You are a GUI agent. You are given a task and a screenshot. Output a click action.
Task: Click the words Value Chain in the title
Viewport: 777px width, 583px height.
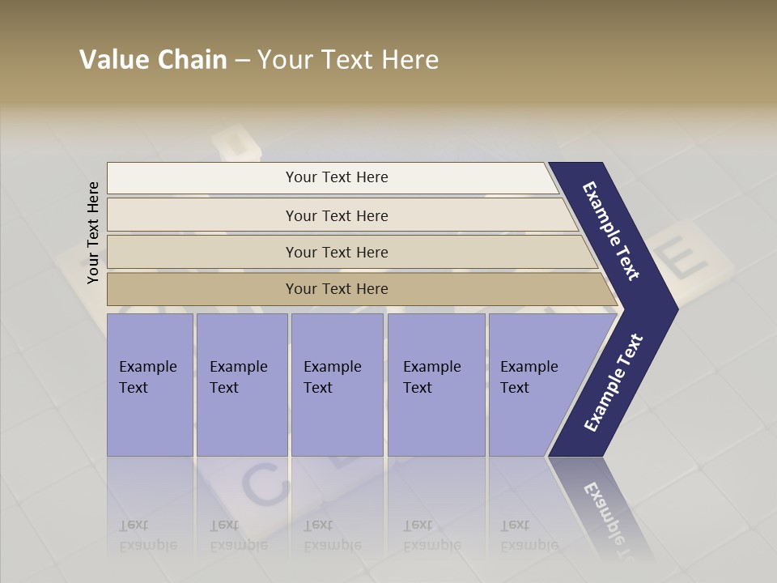click(153, 60)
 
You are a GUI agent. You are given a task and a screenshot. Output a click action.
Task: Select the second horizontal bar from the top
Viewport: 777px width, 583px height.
click(337, 215)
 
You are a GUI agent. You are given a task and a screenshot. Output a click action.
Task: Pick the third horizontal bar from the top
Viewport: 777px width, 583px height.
click(337, 252)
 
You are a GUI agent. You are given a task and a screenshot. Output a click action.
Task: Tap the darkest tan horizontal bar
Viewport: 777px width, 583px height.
click(337, 289)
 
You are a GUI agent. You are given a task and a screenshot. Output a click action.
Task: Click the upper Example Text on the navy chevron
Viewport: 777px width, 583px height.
click(611, 231)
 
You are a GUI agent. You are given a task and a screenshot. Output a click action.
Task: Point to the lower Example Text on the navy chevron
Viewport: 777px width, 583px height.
click(614, 383)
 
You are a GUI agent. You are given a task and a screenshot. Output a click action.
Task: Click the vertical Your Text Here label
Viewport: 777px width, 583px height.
click(93, 232)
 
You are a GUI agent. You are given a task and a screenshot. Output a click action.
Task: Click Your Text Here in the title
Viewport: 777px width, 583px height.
click(348, 60)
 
